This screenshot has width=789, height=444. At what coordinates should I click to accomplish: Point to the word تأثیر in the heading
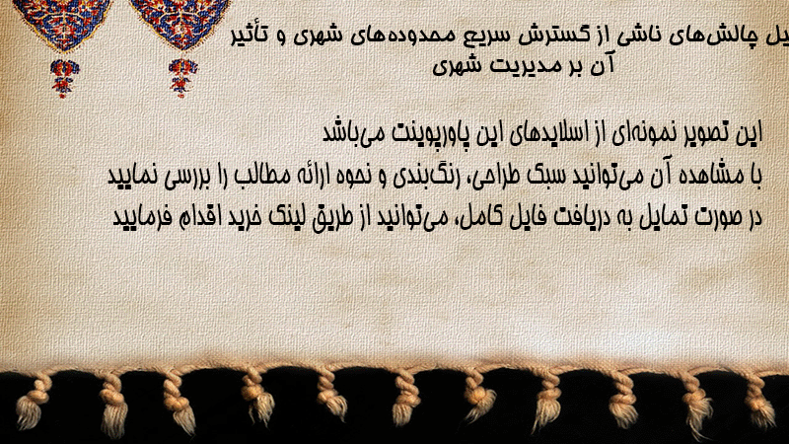point(251,36)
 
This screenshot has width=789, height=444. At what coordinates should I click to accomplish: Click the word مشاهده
point(711,176)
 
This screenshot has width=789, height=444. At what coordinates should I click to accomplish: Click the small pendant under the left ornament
point(63,78)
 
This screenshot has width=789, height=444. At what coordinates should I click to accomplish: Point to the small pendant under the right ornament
point(182,78)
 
